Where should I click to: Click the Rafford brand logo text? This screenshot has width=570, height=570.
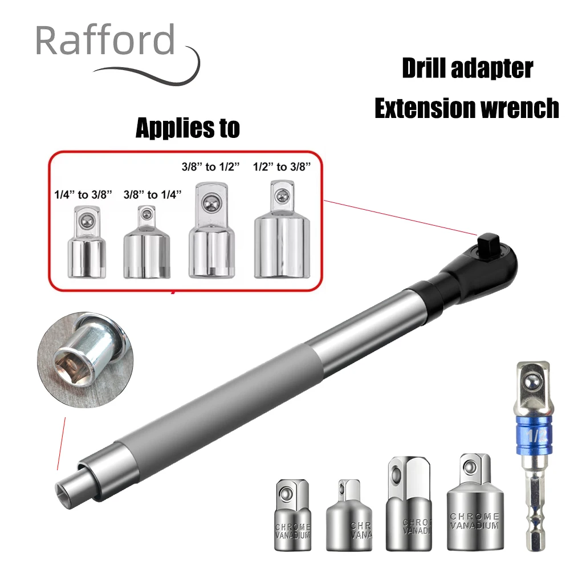point(105,41)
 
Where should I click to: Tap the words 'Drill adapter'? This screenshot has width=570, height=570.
point(467,68)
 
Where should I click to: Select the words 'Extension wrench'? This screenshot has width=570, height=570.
point(467,108)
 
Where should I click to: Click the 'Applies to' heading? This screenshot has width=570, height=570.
point(188,128)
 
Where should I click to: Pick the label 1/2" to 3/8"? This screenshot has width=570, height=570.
point(282,167)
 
